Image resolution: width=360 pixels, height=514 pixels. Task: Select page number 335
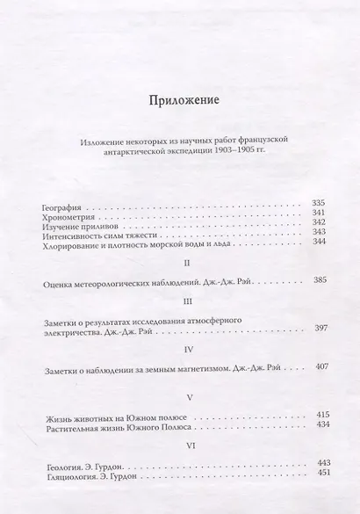318,204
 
